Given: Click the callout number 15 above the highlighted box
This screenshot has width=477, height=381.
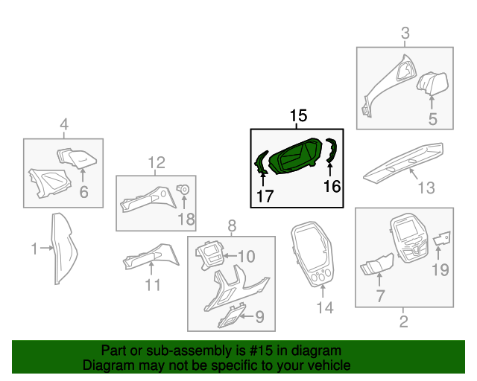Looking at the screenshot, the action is [298, 116].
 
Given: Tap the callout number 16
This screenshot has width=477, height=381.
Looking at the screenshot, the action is [332, 186].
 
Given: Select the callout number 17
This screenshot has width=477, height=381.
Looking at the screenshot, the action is [265, 196].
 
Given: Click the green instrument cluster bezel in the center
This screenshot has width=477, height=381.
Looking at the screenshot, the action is [295, 156].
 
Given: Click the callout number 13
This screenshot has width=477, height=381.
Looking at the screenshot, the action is [426, 188].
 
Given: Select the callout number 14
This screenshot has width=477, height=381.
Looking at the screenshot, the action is [325, 307].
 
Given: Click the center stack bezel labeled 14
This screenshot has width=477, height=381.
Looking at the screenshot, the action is [312, 254].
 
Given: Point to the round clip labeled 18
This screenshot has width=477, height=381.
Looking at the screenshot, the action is [183, 189].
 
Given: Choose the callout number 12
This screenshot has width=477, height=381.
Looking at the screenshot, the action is [157, 162].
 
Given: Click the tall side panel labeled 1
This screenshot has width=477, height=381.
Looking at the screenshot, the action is [64, 249].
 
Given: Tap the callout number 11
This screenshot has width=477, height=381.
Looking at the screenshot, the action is [153, 285].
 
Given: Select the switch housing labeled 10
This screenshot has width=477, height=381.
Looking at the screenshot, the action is [209, 254].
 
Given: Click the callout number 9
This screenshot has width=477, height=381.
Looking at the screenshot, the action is [259, 316].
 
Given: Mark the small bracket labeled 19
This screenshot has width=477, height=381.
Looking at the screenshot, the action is [442, 238].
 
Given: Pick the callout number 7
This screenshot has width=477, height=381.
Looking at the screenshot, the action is [380, 295].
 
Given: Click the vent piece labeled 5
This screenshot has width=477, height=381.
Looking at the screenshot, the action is [432, 83].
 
